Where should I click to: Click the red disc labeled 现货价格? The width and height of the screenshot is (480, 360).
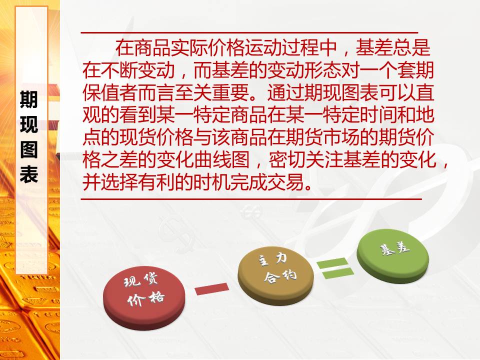[x=144, y=297]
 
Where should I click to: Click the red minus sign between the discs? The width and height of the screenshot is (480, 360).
[x=212, y=288]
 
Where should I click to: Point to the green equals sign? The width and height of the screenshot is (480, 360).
[x=335, y=268]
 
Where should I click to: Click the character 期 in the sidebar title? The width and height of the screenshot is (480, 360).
[x=29, y=99]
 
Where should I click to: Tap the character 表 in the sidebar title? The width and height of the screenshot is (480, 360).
[x=29, y=174]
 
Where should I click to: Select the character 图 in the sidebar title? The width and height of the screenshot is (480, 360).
[x=29, y=149]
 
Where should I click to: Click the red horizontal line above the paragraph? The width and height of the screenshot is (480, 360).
[x=249, y=32]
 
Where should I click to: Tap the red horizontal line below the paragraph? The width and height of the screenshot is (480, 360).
[x=251, y=199]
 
